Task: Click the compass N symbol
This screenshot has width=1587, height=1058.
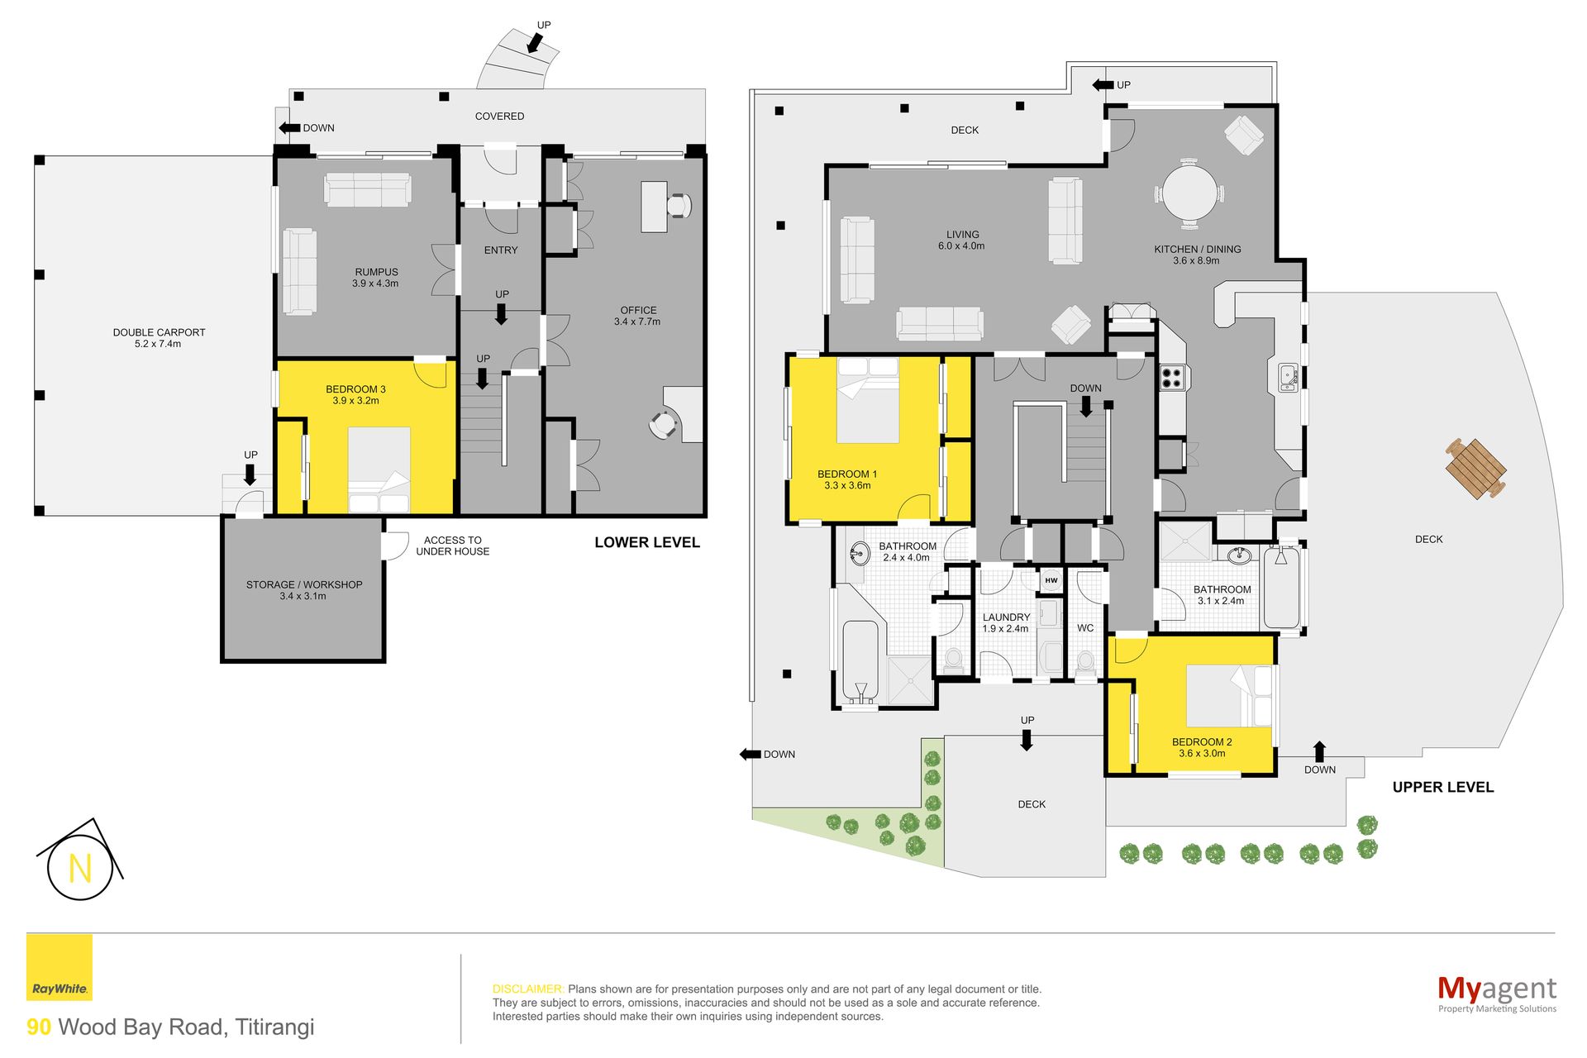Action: pos(79,867)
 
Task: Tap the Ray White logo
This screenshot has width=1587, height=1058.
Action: pos(60,967)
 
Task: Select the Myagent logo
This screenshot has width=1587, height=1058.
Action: pos(1497,993)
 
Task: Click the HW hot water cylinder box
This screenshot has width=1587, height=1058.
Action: pos(1051,580)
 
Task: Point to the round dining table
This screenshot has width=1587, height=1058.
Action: pos(1189,193)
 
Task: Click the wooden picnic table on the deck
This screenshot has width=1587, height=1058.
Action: pos(1475,469)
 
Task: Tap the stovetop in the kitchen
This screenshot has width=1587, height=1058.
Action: pos(1171,378)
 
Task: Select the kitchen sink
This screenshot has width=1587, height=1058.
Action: pos(1288,378)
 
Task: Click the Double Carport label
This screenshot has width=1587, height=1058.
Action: pos(159,338)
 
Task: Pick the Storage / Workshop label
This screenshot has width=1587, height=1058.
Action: pos(304,590)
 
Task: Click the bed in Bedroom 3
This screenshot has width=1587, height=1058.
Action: pos(379,470)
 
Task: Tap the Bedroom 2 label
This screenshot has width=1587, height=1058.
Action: pos(1202,748)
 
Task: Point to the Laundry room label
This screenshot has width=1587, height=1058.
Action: pos(1006,623)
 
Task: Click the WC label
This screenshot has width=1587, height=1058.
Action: pos(1085,628)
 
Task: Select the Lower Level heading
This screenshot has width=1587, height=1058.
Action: pos(647,543)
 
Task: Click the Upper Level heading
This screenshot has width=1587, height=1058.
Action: pos(1443,788)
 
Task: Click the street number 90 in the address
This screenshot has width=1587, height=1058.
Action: pos(39,1027)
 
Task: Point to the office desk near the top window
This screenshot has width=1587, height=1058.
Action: pos(654,207)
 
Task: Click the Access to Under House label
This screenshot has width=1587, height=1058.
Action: pos(452,546)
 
